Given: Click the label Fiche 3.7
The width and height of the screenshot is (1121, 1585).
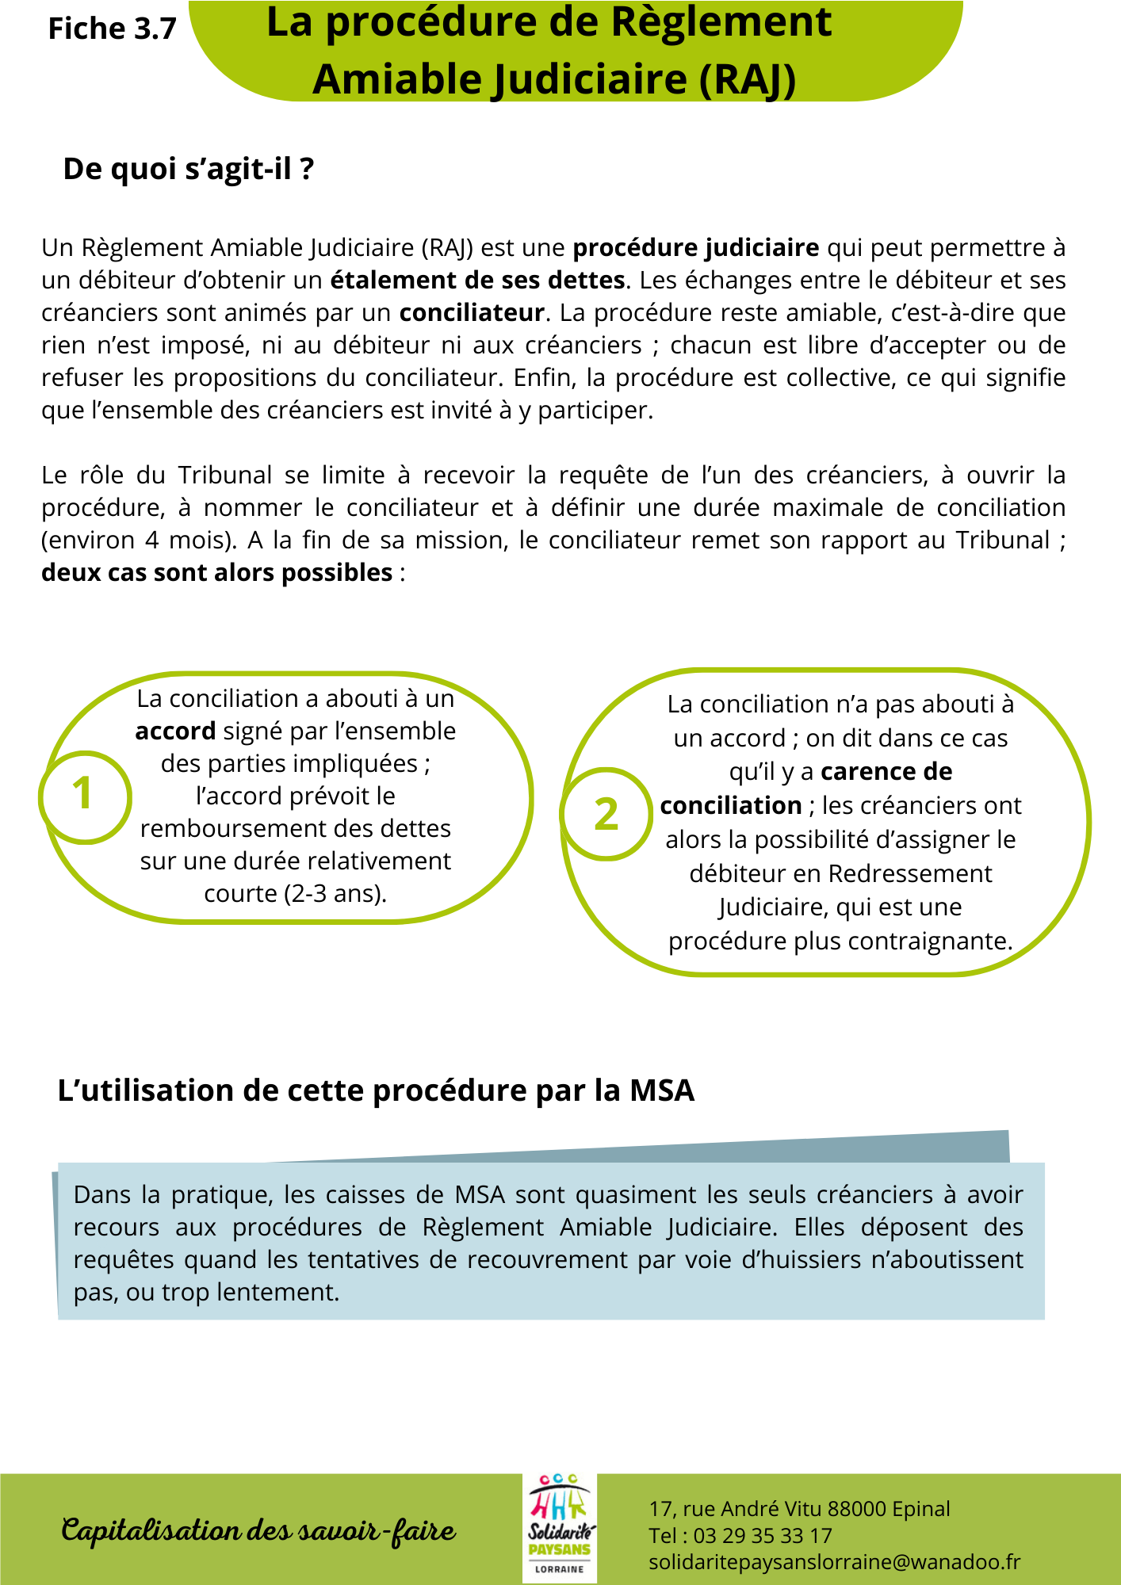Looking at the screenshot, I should [x=112, y=29].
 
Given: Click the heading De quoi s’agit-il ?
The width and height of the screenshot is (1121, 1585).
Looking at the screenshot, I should [x=189, y=169].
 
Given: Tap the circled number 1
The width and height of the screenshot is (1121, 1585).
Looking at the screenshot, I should [x=83, y=795].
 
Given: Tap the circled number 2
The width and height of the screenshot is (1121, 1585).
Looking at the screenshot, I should [x=606, y=815].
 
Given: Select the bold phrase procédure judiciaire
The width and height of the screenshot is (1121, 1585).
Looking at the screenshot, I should [x=695, y=248].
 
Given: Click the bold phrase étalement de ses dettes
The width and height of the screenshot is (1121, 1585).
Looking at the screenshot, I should [x=477, y=281].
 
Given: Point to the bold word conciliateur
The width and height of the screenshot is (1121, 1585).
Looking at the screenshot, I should [x=471, y=313].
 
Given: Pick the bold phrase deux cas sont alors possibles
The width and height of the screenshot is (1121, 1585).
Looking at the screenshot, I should [x=216, y=572].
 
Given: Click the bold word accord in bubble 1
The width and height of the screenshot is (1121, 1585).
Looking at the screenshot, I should [x=175, y=731].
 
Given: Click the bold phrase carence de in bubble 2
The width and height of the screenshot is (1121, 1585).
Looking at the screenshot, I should [x=886, y=772].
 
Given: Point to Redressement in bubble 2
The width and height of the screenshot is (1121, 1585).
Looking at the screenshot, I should [x=909, y=873].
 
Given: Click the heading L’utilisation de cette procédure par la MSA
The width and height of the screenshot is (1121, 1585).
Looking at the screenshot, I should [x=376, y=1090].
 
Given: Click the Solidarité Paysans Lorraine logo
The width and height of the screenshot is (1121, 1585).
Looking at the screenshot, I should [x=559, y=1528].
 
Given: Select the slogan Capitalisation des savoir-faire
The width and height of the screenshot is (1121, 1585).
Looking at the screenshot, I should [x=258, y=1530].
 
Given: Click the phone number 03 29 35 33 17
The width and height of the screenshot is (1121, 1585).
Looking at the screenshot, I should [x=763, y=1536].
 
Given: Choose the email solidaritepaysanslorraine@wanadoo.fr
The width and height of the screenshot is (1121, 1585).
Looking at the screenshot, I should [x=834, y=1562].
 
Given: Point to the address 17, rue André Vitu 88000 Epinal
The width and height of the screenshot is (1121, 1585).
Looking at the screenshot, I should [x=799, y=1509].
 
